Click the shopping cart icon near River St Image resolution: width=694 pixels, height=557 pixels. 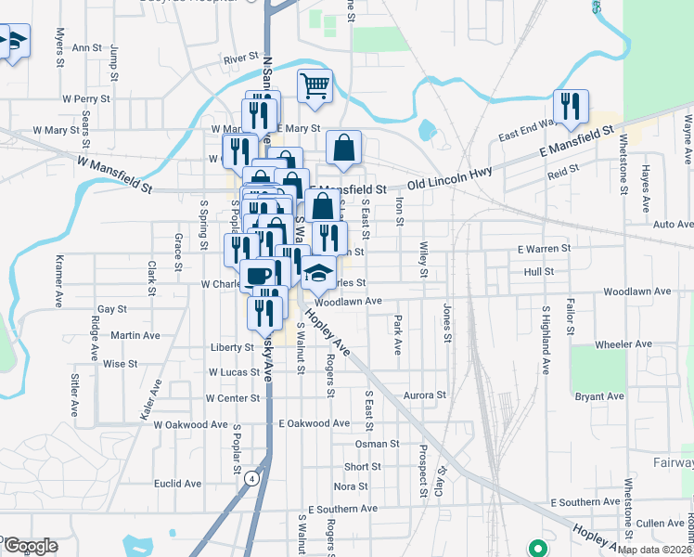coord(315,85)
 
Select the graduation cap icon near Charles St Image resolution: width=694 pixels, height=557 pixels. coord(318,272)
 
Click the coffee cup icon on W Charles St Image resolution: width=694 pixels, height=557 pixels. coord(256,275)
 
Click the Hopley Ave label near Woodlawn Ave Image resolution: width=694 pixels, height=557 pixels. coord(331,331)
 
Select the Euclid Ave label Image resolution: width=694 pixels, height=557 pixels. coord(178,484)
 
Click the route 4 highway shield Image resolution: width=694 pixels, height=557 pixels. coord(251,479)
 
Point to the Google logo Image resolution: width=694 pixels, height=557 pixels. coord(30,546)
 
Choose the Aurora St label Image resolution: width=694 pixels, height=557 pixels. coord(425,395)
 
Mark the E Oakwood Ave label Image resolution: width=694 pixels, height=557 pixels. coord(315,423)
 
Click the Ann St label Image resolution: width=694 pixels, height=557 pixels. coord(86,47)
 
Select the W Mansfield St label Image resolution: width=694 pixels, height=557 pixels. coord(114,174)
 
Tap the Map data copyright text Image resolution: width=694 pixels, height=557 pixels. coord(654,550)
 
